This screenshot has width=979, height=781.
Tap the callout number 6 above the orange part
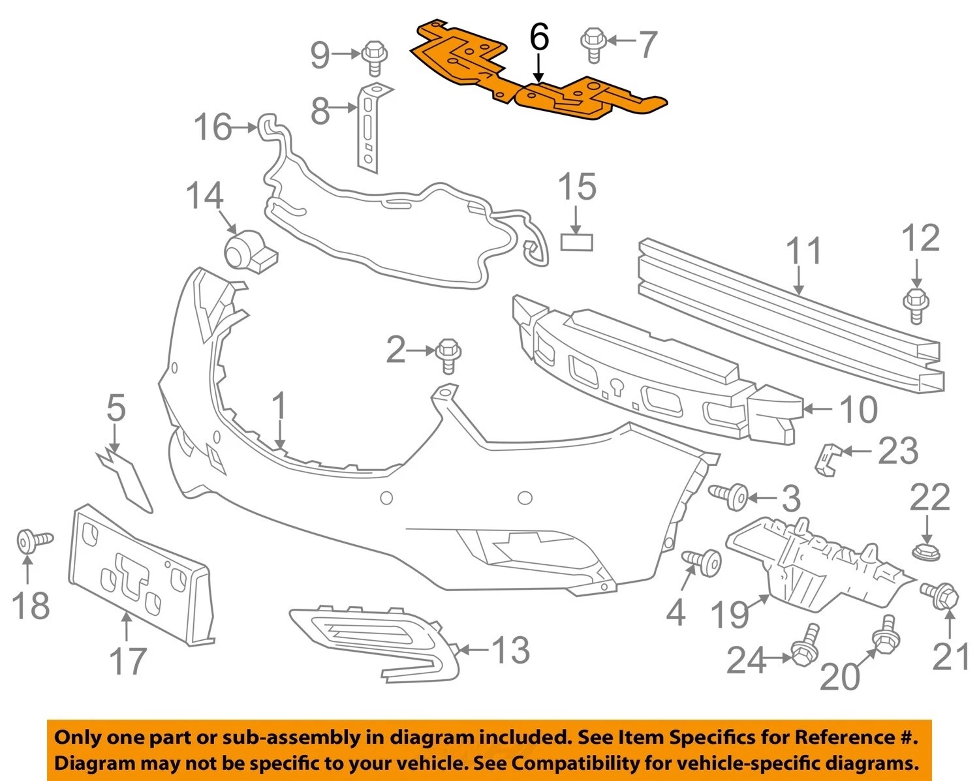539,37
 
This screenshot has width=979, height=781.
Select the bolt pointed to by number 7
593,44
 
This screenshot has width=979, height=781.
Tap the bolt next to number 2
448,354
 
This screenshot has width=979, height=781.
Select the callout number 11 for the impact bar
804,252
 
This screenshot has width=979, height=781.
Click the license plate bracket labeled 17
140,574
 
